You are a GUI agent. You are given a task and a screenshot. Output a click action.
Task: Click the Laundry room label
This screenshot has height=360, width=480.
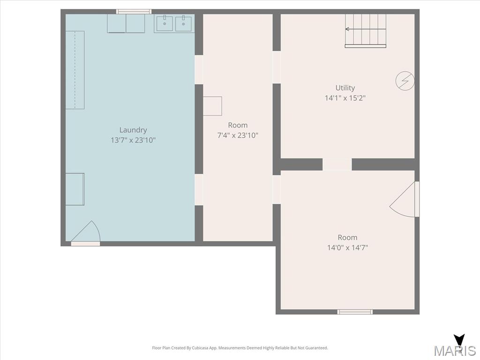click(x=133, y=130)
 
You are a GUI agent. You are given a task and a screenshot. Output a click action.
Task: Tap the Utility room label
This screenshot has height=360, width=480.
click(x=345, y=88)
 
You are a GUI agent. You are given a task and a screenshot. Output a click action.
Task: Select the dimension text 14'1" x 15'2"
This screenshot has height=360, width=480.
click(x=345, y=98)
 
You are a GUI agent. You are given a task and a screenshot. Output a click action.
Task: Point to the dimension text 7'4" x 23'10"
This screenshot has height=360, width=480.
click(x=238, y=135)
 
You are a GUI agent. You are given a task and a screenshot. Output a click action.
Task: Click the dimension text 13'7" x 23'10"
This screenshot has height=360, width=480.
click(x=133, y=140)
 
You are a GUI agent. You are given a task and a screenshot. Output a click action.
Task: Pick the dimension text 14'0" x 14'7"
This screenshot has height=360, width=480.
click(x=347, y=247)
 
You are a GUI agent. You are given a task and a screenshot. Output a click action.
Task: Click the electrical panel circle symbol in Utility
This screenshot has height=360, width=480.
click(x=405, y=81)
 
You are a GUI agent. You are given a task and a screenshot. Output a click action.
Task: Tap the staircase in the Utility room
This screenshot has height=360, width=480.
click(x=366, y=31)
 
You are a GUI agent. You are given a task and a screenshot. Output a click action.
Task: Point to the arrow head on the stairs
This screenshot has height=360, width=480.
click(x=347, y=29)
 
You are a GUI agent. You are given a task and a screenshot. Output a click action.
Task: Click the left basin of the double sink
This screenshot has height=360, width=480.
click(x=165, y=23)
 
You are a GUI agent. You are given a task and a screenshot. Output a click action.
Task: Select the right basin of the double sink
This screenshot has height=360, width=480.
click(x=183, y=23)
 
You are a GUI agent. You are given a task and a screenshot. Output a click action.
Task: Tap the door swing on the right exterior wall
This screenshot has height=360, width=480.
click(x=404, y=199)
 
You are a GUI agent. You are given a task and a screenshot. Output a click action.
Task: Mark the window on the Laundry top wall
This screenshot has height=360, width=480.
click(x=134, y=12)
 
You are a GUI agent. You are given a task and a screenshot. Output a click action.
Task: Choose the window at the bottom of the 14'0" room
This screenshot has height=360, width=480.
click(x=355, y=312)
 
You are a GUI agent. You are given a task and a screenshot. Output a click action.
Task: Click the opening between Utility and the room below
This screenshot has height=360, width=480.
click(x=337, y=165)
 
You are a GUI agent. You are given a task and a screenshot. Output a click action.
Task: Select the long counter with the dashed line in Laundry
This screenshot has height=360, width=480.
click(x=75, y=70)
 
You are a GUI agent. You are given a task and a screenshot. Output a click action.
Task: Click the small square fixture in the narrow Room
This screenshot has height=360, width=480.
click(x=212, y=106)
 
